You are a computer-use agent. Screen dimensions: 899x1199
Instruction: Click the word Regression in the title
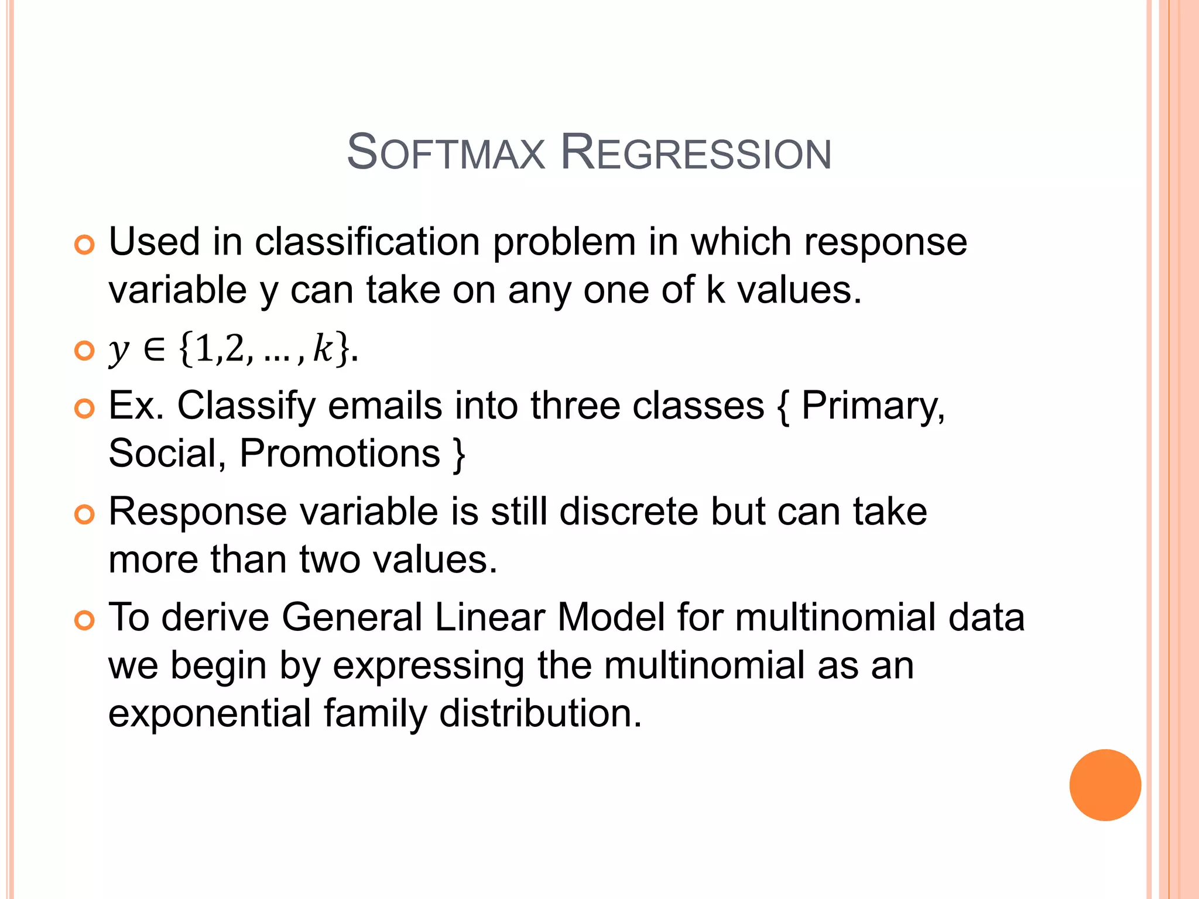tap(696, 153)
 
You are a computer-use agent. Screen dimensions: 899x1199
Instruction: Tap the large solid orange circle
tap(1105, 785)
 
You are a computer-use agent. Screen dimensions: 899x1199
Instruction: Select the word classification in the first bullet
tap(367, 242)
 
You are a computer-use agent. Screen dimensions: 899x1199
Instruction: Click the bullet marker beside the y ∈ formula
tap(85, 351)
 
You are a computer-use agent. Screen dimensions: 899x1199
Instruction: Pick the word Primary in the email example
tap(872, 406)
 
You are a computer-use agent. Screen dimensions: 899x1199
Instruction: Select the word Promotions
tap(340, 454)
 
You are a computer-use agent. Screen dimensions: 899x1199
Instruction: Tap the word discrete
tap(629, 512)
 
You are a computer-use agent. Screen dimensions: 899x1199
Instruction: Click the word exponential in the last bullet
tap(210, 713)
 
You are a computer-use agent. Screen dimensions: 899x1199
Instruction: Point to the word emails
tap(385, 406)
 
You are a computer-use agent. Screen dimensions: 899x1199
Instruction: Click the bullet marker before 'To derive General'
tap(85, 620)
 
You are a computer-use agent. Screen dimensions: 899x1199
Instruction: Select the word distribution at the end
tap(540, 713)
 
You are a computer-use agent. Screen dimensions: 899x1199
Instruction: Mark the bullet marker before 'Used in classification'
tap(85, 245)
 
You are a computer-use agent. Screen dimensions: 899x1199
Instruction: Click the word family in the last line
tap(375, 713)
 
